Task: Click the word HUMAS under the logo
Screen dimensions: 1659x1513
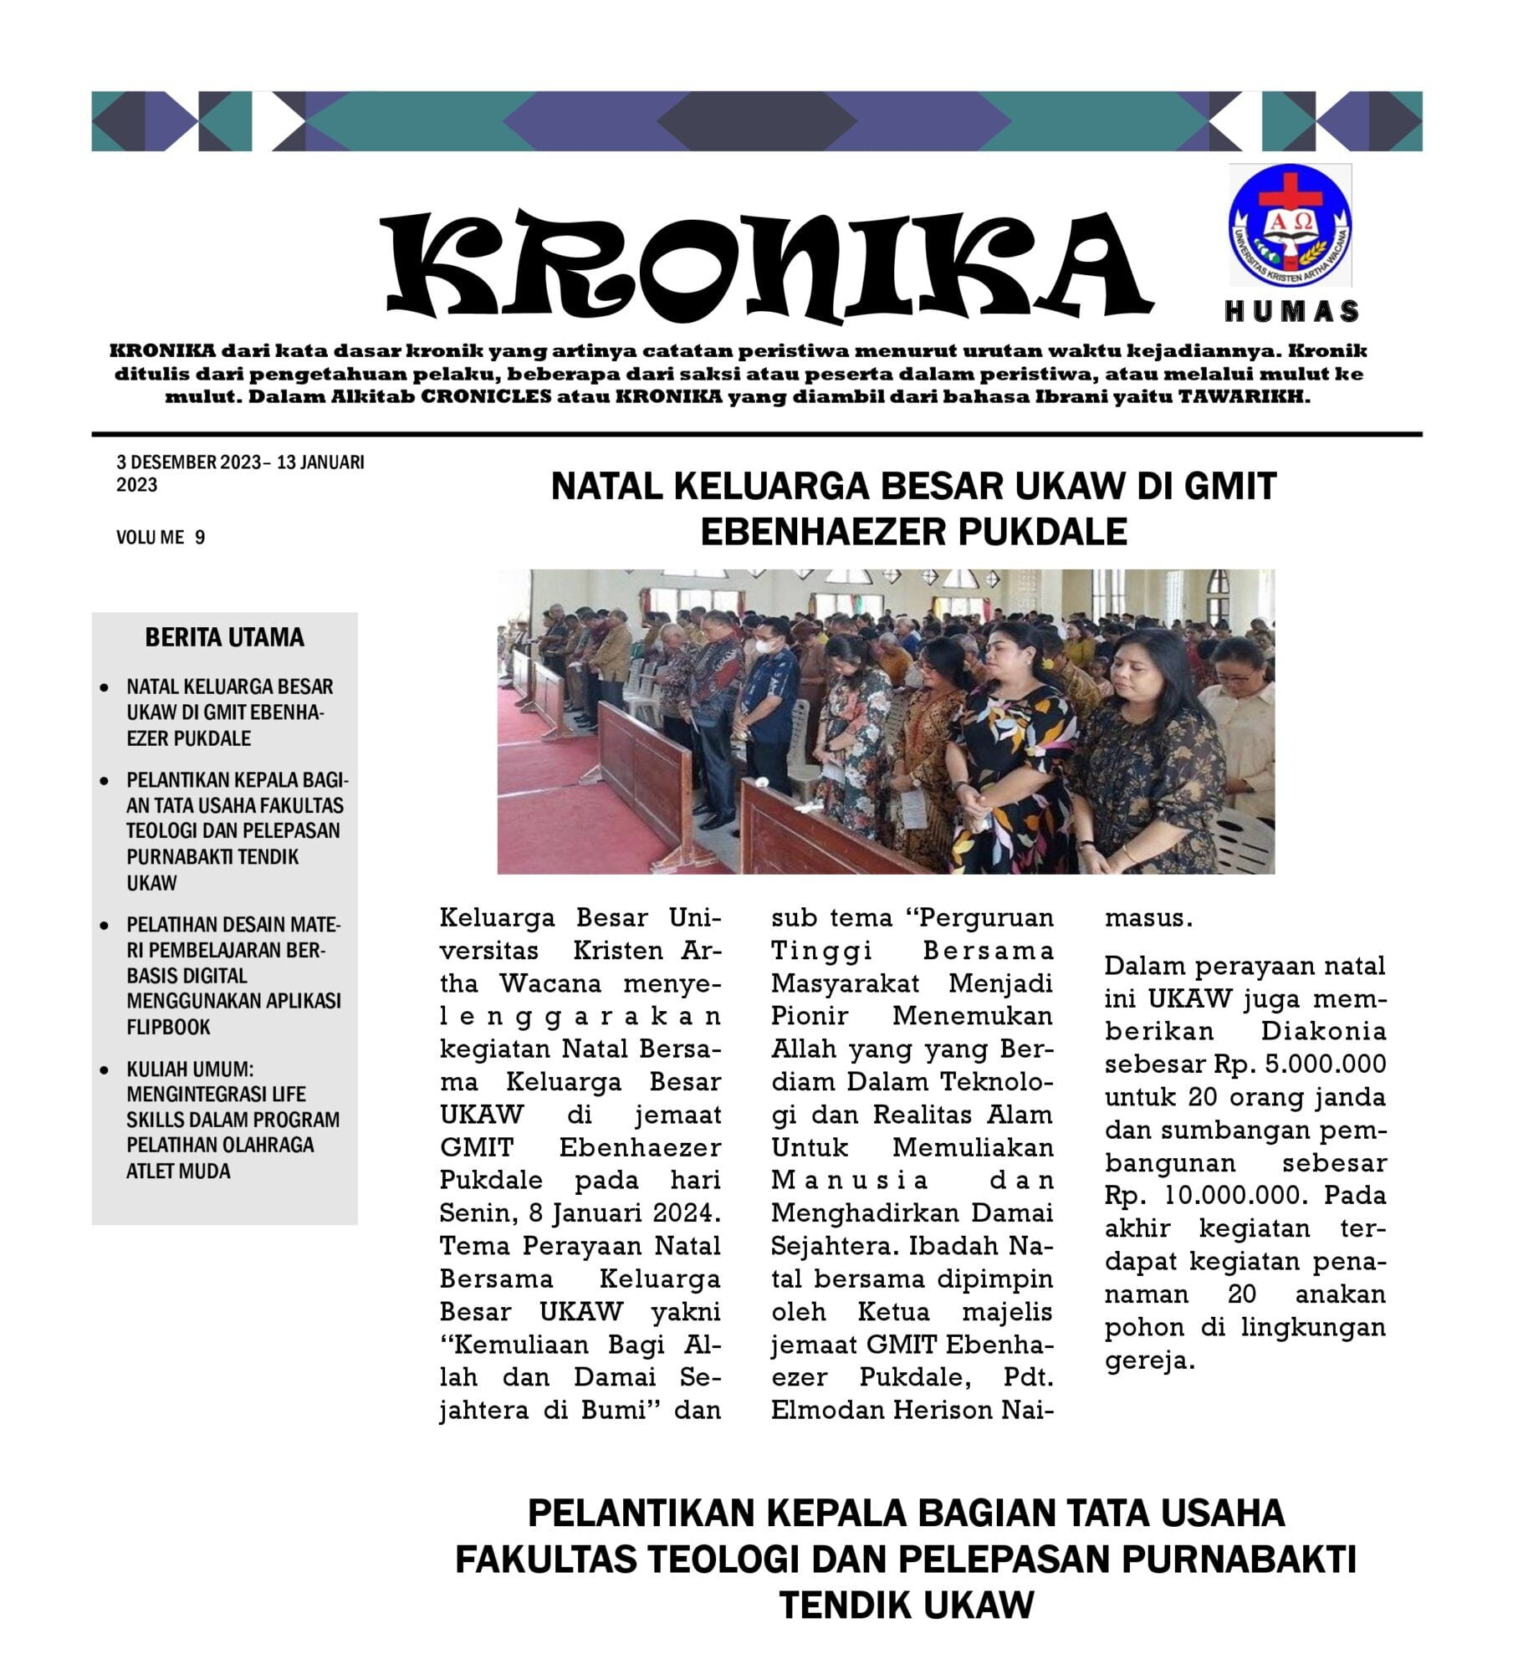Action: pyautogui.click(x=1291, y=312)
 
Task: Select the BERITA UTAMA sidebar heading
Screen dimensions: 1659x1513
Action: pyautogui.click(x=224, y=638)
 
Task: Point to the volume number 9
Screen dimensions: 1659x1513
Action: pyautogui.click(x=200, y=538)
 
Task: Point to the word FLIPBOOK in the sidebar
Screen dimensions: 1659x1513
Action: pyautogui.click(x=168, y=1027)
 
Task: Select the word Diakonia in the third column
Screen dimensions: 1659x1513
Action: pyautogui.click(x=1323, y=1031)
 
